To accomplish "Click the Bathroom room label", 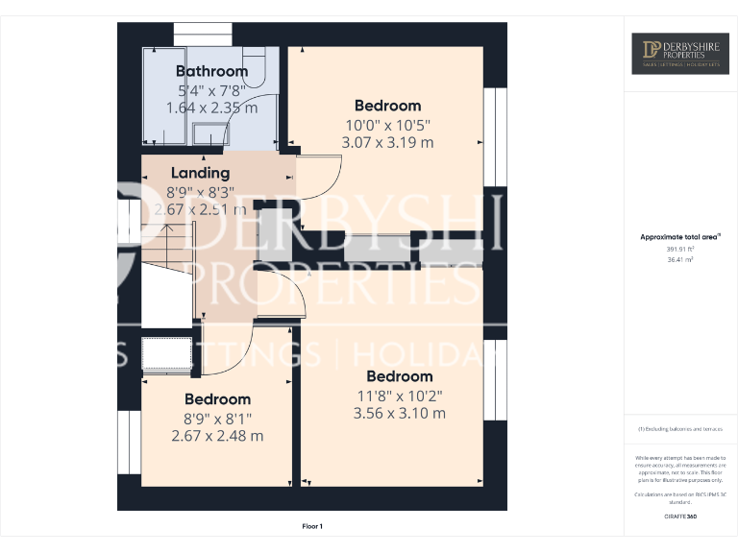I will coord(211,71).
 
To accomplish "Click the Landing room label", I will coord(200,173).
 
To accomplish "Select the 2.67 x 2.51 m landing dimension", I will coord(200,209).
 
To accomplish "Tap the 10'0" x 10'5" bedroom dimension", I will coord(387,124).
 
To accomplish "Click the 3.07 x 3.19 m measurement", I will coord(387,142).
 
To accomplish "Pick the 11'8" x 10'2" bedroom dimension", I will coord(399,395).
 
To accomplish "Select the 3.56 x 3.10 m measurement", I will coord(399,413).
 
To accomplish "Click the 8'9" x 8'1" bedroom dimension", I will coord(217,418).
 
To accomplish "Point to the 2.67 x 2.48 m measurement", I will coord(217,436).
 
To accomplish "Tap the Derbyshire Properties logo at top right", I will coord(679,54).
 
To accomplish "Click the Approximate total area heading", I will coord(678,236).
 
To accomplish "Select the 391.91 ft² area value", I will coord(679,249).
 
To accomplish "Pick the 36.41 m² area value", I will coord(679,258).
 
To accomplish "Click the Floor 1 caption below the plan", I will coord(312,526).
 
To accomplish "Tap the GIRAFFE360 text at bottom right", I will coord(679,517).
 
